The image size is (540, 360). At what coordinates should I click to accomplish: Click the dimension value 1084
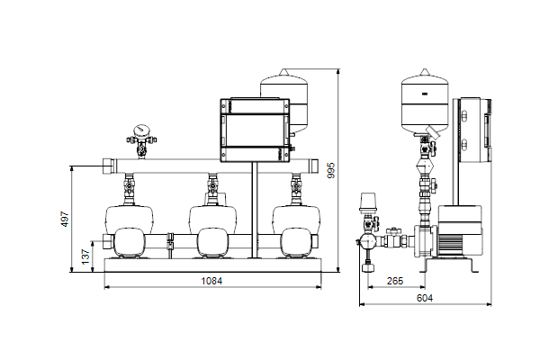point(211,281)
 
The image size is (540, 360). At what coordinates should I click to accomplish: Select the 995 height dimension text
point(331,170)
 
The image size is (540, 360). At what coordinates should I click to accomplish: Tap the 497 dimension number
point(65,219)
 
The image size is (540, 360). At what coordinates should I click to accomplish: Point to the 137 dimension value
point(85,256)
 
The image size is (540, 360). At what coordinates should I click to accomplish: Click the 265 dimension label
point(395,281)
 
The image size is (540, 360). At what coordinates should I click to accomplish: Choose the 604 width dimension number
point(425,298)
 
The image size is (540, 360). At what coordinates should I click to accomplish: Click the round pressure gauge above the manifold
point(141,130)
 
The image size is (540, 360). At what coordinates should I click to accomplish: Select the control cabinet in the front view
point(255,130)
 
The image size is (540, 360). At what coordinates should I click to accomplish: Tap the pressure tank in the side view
point(425,102)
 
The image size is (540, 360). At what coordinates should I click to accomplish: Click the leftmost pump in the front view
point(129,231)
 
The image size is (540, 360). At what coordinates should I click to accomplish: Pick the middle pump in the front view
point(212,231)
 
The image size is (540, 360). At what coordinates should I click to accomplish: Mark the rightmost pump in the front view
point(296,231)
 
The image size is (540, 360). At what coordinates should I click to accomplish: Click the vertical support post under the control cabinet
point(255,210)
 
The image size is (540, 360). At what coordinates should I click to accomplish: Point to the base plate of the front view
point(212,265)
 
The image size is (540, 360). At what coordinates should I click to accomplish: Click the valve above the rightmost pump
point(295,187)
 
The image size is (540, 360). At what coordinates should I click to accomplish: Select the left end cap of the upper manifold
point(110,166)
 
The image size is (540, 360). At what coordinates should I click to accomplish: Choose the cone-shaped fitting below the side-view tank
point(426,166)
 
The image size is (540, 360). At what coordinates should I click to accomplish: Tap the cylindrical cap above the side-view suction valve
point(368,202)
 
